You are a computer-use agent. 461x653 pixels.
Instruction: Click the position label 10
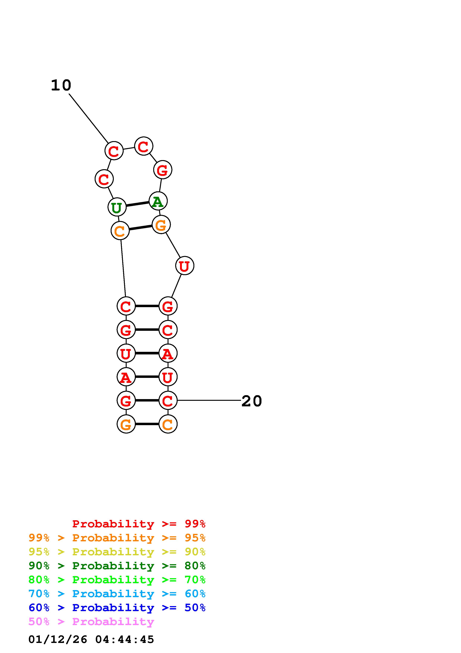tap(61, 85)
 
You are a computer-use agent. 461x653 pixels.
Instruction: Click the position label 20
tap(251, 401)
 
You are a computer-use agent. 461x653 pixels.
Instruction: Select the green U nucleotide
tap(117, 207)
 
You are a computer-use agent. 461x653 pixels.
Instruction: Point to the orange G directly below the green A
tap(161, 225)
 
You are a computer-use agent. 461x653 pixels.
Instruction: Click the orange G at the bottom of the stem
tap(126, 424)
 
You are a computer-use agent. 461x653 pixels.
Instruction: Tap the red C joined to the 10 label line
tap(114, 151)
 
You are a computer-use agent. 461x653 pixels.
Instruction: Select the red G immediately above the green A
tap(163, 170)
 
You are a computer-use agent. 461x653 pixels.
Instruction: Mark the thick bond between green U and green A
tap(137, 204)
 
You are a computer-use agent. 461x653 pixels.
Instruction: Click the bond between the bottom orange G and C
tap(147, 424)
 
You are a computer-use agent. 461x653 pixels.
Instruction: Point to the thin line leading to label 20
tap(209, 400)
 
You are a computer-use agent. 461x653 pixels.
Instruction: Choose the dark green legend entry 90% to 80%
tap(117, 566)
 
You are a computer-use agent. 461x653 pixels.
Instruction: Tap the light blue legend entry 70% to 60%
tap(117, 594)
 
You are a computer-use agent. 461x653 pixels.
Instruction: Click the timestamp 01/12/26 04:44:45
tap(91, 639)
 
